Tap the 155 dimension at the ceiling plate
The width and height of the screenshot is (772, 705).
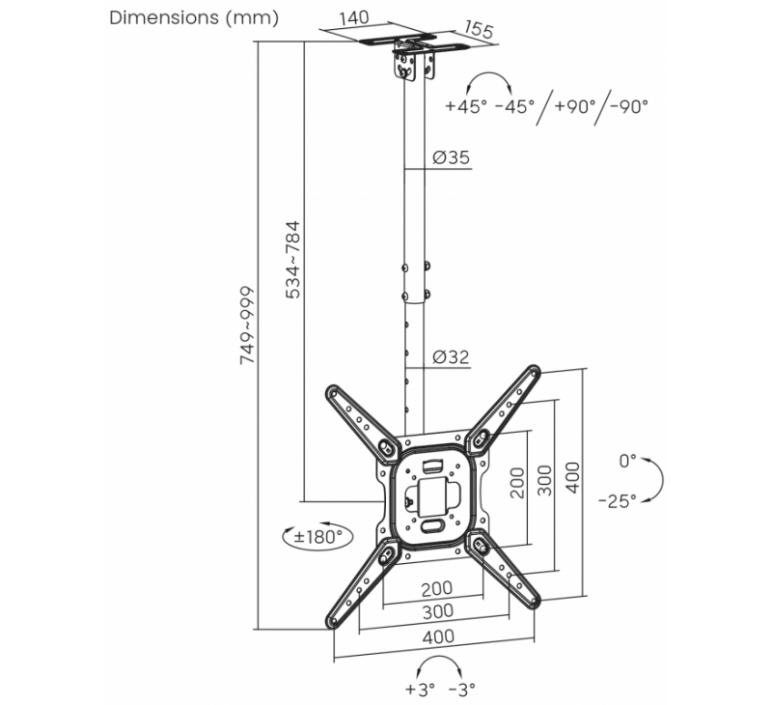[x=477, y=29]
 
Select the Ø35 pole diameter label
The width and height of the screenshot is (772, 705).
[x=450, y=158]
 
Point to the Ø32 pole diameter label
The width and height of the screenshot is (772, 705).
[x=450, y=357]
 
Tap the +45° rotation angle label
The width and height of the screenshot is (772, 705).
[x=466, y=107]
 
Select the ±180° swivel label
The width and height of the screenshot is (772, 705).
[x=318, y=537]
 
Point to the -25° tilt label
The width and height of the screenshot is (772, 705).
[x=617, y=501]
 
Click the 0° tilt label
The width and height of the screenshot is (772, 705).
[x=628, y=462]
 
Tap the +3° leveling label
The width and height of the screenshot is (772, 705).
[x=422, y=690]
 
